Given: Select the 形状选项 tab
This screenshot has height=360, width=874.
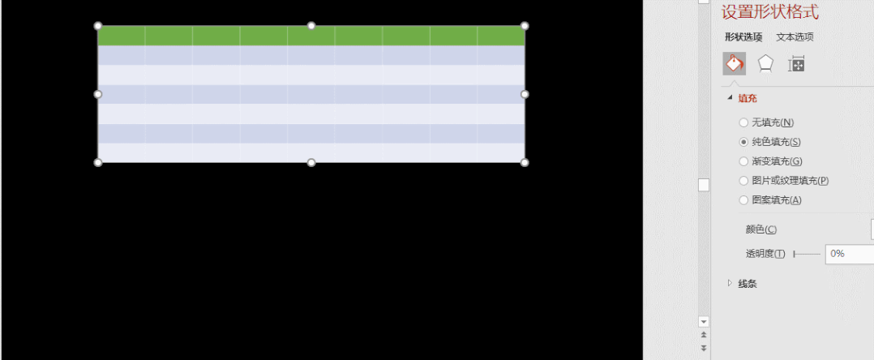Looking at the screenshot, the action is tap(743, 36).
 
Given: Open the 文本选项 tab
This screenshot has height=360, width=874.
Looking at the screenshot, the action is tap(795, 36).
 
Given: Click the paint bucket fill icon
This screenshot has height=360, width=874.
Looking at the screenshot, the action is tap(734, 63).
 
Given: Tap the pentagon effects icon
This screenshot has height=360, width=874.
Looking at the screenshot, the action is tap(765, 63).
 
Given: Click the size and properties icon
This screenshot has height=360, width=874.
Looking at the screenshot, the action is tap(796, 63).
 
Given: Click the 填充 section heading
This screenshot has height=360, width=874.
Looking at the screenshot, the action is tap(746, 98).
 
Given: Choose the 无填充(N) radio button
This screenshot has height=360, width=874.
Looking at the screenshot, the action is tap(743, 122).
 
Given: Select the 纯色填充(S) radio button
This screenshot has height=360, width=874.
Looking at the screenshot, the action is tap(743, 142).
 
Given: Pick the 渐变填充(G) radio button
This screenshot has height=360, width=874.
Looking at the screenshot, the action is tap(743, 161).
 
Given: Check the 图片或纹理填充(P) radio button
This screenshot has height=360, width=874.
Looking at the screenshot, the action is tap(743, 181).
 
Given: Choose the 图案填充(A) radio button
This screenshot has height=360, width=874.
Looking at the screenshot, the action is tap(743, 200).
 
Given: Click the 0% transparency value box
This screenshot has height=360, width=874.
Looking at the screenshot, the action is tap(848, 254).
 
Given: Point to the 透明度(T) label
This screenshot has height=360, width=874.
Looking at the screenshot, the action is tap(765, 254).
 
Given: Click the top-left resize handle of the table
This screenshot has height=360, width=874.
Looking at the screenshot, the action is tap(98, 26).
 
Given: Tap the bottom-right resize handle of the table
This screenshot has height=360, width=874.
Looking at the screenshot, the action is tap(525, 163).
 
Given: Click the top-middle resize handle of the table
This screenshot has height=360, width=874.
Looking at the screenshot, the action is tap(311, 26).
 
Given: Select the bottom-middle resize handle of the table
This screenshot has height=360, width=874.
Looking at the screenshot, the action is tap(311, 163).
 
